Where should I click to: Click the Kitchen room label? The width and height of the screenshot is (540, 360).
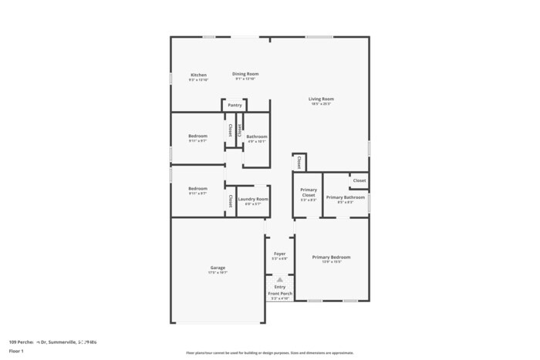(198, 75)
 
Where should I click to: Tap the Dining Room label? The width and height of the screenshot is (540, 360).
(245, 74)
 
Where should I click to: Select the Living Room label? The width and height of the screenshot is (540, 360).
(321, 99)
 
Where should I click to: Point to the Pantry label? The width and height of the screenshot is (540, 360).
(235, 105)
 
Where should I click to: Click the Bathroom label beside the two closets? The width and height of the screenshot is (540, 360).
(257, 136)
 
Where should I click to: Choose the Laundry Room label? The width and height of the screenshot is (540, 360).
(253, 199)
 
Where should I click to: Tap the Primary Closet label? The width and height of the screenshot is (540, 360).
(309, 193)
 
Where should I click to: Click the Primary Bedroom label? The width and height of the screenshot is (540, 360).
(331, 257)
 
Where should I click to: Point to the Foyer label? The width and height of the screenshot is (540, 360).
(280, 254)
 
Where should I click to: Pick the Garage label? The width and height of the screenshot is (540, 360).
(218, 267)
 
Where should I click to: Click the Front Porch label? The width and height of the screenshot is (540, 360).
(280, 294)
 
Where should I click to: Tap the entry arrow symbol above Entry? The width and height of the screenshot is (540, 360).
(280, 280)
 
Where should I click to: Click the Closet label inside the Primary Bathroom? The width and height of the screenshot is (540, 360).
(359, 180)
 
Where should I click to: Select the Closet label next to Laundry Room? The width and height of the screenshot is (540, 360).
(230, 201)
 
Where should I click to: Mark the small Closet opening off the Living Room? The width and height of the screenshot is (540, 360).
(299, 162)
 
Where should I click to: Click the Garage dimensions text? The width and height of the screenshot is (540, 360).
(218, 273)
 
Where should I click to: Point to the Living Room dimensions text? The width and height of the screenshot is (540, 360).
(321, 104)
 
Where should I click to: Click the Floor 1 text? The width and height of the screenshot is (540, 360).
(16, 351)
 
